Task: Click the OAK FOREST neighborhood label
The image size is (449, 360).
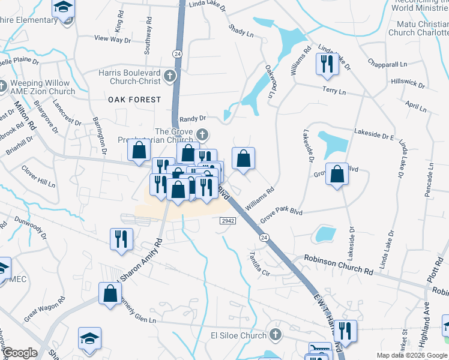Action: [134, 99]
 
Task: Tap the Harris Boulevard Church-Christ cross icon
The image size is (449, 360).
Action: [170, 76]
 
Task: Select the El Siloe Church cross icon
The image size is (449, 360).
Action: [276, 334]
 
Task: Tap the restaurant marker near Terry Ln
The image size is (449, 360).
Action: [327, 64]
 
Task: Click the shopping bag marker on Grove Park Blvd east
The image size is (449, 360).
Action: [337, 174]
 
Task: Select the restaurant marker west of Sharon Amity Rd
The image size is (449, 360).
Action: [121, 238]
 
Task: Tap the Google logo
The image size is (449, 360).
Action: [19, 353]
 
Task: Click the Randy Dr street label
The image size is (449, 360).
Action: [193, 119]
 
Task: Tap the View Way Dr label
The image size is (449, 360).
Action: [112, 39]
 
